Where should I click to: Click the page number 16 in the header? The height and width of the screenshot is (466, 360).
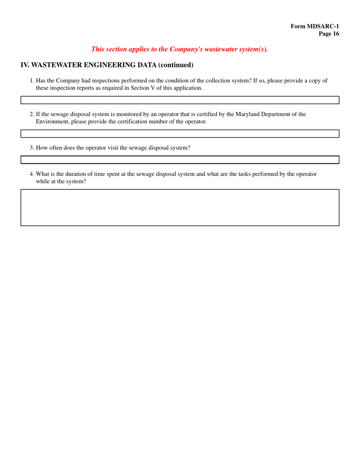329,34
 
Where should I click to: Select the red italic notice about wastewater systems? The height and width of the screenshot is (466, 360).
180,49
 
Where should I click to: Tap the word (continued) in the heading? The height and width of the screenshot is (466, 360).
175,65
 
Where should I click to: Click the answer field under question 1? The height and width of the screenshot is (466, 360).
180,100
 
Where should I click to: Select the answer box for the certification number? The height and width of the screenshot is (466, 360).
180,133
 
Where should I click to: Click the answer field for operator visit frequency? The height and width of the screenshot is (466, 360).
180,160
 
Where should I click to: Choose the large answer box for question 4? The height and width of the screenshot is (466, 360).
180,208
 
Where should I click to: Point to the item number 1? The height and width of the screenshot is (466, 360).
32,80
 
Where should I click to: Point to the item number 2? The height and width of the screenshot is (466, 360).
32,114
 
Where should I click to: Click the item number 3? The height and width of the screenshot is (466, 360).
32,148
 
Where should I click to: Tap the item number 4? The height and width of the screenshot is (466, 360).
32,174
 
